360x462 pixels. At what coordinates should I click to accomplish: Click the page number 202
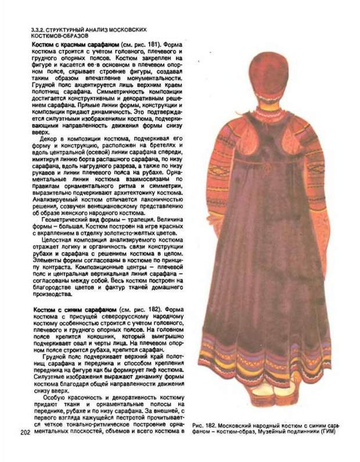pos(26,432)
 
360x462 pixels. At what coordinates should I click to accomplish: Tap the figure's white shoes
pos(267,390)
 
